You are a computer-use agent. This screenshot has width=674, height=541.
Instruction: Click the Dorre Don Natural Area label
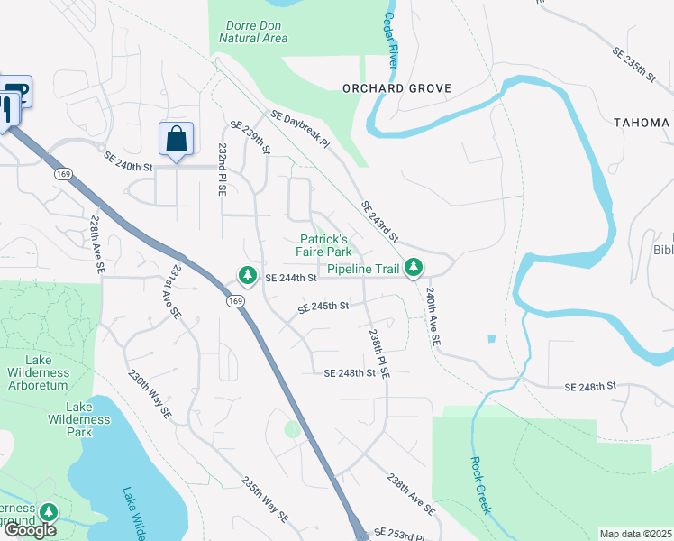(x=253, y=32)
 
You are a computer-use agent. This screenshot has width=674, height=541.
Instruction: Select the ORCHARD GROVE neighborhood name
(x=396, y=88)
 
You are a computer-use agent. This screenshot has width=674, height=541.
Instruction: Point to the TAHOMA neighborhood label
(x=642, y=123)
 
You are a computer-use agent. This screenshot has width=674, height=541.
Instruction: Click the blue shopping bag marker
(x=176, y=140)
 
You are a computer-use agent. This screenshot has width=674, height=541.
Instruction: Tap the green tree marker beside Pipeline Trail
(x=414, y=267)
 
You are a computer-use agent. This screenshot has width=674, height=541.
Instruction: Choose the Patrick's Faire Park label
(x=325, y=245)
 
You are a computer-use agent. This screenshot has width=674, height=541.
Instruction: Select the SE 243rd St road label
(x=379, y=222)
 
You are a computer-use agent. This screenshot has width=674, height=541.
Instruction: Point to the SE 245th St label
(x=323, y=307)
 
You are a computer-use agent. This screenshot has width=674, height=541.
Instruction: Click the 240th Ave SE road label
(x=433, y=318)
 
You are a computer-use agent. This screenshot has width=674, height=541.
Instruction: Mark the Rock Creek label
(x=480, y=484)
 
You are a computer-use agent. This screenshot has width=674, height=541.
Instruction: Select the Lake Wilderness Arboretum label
(x=37, y=379)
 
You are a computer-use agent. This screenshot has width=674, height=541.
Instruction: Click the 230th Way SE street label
(x=149, y=394)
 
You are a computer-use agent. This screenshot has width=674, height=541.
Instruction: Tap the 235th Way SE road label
(x=264, y=500)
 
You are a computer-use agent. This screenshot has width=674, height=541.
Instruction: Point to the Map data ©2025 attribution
(x=635, y=534)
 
